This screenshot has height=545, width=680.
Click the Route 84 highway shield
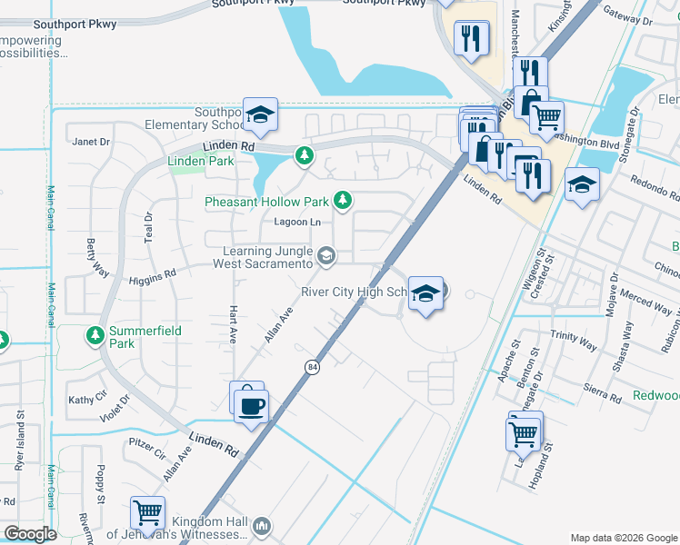tap(312, 366)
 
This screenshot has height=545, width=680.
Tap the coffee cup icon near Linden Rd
tap(251, 404)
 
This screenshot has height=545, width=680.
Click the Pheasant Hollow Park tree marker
tap(343, 200)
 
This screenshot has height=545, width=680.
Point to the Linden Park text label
tap(201, 162)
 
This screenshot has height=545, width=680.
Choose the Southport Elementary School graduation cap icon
tap(260, 115)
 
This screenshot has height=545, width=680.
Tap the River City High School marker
tap(425, 294)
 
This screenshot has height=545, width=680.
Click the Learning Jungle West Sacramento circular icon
tap(325, 257)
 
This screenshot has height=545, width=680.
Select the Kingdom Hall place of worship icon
tap(262, 526)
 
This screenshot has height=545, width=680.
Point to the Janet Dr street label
tap(91, 142)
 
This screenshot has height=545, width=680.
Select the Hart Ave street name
tap(234, 322)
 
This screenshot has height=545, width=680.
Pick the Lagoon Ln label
tap(297, 223)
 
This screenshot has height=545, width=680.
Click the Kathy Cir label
tap(87, 400)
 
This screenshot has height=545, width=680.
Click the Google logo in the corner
tap(30, 534)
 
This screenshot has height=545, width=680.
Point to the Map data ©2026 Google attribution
tap(623, 538)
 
